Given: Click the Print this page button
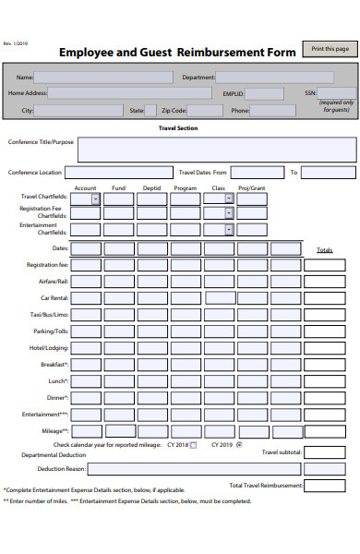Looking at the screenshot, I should point(330,49).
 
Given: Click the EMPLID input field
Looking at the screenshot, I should point(265,93).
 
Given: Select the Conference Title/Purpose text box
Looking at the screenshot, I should point(216,149).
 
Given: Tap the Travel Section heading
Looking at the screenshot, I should point(178,128).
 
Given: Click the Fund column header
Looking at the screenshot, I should point(118,188).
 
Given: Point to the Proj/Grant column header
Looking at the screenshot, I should point(251,188).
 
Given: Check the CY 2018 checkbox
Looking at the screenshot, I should point(194,445).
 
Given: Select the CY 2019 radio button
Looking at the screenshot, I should point(239,445).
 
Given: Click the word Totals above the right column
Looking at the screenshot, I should point(324,250).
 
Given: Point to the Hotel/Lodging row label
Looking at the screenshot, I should point(49,347).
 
